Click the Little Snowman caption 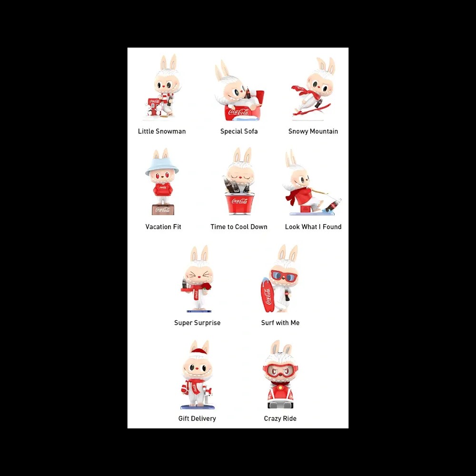point(162,131)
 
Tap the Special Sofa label point(239,131)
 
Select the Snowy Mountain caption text point(313,131)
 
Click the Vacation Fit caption point(163,227)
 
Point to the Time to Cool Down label point(239,227)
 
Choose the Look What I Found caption point(313,227)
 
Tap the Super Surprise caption point(198,323)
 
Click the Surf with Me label point(280,323)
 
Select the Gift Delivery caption point(197,418)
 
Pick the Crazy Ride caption point(280,418)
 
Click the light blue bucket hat point(162,166)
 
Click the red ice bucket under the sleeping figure point(239,203)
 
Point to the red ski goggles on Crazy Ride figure point(280,371)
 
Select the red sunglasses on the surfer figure point(284,276)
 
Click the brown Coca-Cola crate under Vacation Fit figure point(163,210)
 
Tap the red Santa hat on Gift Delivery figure point(199,352)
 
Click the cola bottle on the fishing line point(333,205)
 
